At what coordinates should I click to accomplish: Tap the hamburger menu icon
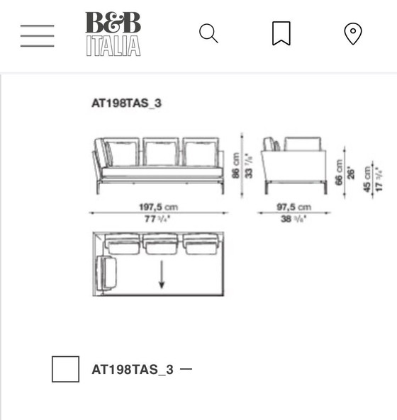click(x=37, y=35)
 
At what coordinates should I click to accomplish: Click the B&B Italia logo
click(x=113, y=34)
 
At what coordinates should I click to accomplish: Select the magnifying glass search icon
click(x=208, y=33)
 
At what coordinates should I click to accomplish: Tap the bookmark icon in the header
click(x=281, y=33)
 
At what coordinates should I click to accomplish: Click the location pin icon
click(x=352, y=34)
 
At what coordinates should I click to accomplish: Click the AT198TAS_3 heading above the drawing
click(x=126, y=103)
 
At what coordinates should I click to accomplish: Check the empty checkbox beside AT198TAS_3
click(x=65, y=369)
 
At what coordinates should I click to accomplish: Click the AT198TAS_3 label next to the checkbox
click(x=133, y=370)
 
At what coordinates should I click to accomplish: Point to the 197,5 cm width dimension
click(x=157, y=207)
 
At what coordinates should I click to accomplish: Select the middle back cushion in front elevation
click(x=162, y=152)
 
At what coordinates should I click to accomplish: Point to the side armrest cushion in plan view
click(x=108, y=273)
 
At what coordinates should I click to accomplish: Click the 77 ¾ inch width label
click(x=157, y=219)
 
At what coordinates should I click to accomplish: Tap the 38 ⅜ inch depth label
click(x=294, y=219)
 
